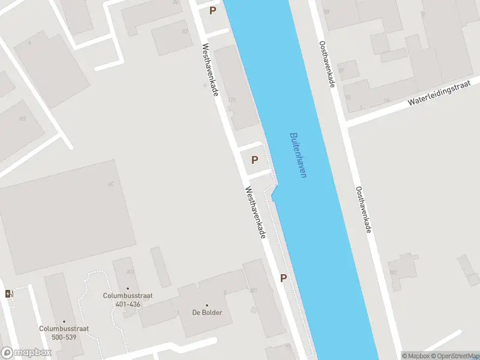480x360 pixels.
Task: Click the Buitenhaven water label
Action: pos(298,155)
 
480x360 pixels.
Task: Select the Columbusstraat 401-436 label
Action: pos(121,300)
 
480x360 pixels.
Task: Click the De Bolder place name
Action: pos(207,313)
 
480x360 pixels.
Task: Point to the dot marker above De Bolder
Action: pos(207,305)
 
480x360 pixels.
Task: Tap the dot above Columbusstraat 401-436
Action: pos(127,289)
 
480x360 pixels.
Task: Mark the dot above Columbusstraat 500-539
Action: pos(65,321)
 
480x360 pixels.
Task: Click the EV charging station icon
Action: pos(8,293)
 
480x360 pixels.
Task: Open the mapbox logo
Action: pos(26,353)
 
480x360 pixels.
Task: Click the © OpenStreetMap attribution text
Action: pos(454,356)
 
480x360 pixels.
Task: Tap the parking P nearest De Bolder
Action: pos(283,278)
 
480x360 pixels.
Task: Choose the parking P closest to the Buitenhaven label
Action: pos(254,160)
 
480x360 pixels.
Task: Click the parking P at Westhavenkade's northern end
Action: pos(212,10)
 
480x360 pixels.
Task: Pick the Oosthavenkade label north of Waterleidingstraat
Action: pos(326,64)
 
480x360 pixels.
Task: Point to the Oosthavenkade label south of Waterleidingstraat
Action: pos(364,209)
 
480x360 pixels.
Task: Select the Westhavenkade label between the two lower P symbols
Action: pos(255,212)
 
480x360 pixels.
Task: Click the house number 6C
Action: pos(110,184)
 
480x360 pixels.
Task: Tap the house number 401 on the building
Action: pos(130,272)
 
